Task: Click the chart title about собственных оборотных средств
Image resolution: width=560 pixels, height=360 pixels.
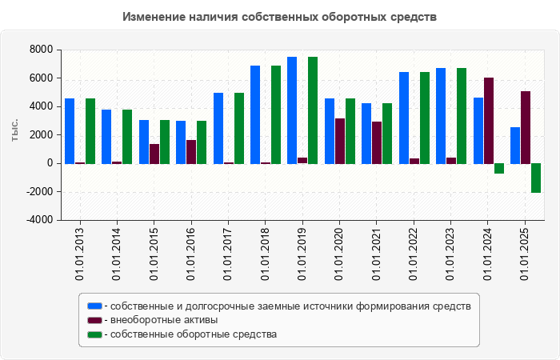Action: [280, 17]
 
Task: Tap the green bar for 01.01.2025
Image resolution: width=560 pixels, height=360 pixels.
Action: [536, 178]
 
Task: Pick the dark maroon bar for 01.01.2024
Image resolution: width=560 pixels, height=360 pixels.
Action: [489, 120]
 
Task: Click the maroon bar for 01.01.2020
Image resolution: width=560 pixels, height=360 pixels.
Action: [340, 141]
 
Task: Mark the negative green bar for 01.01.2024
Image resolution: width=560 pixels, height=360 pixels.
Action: [499, 168]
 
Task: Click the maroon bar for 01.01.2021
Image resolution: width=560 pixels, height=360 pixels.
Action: [377, 142]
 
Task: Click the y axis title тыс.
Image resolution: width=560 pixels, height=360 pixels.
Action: [14, 130]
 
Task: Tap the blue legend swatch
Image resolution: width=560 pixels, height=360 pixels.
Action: [94, 306]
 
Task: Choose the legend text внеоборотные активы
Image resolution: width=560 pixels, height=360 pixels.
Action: [165, 320]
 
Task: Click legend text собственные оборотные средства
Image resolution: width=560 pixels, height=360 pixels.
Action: [194, 334]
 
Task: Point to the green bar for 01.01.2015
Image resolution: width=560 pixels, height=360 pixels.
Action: [165, 142]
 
